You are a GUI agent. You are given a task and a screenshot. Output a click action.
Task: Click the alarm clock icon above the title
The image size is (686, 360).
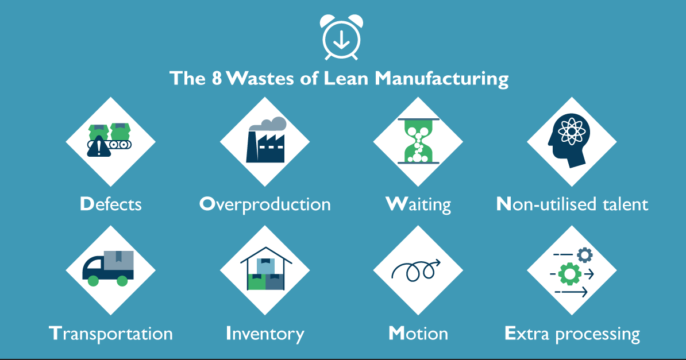[x=342, y=38]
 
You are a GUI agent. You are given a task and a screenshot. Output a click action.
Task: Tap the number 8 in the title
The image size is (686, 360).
[x=216, y=79]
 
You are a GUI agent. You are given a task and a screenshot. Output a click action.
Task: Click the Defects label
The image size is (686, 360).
[x=110, y=204]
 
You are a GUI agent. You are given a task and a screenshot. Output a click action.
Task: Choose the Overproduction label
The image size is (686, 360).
[x=265, y=204]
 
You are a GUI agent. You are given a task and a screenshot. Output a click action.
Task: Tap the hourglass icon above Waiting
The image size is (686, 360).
[x=418, y=141]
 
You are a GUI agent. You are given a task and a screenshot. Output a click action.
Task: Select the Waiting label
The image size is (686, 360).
[x=418, y=204]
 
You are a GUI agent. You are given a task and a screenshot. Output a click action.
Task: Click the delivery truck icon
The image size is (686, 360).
[x=109, y=268]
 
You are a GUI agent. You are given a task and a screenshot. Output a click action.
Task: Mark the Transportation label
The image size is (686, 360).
[x=110, y=334]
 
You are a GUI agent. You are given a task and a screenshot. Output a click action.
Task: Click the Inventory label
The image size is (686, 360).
[x=265, y=334]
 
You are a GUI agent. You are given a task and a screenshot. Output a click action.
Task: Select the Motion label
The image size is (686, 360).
[x=418, y=334]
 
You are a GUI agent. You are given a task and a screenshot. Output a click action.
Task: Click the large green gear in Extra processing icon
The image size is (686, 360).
[x=569, y=274]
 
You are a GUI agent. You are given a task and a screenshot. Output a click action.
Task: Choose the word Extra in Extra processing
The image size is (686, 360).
[x=523, y=334]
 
